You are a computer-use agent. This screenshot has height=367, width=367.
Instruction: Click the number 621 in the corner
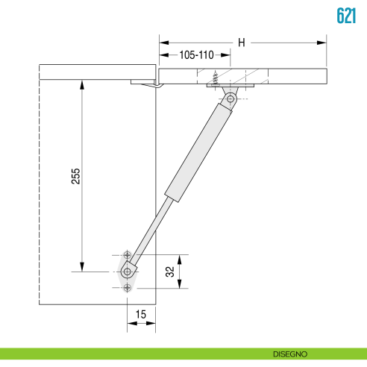click(345, 16)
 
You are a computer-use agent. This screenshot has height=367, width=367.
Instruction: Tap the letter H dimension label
click(241, 43)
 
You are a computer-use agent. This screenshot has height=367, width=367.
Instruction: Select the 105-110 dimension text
click(196, 56)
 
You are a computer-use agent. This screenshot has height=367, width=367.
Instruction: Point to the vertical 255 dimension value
click(75, 177)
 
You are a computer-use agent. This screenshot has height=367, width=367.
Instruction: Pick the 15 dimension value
click(141, 315)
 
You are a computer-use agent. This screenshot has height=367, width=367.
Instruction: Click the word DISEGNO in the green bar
click(289, 354)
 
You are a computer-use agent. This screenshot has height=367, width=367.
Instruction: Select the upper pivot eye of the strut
click(231, 98)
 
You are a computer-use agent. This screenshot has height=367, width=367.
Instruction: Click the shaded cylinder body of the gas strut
click(199, 153)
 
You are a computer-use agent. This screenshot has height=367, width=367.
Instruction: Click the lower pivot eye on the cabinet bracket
click(128, 272)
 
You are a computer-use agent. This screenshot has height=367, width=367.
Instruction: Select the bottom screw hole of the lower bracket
click(128, 288)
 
